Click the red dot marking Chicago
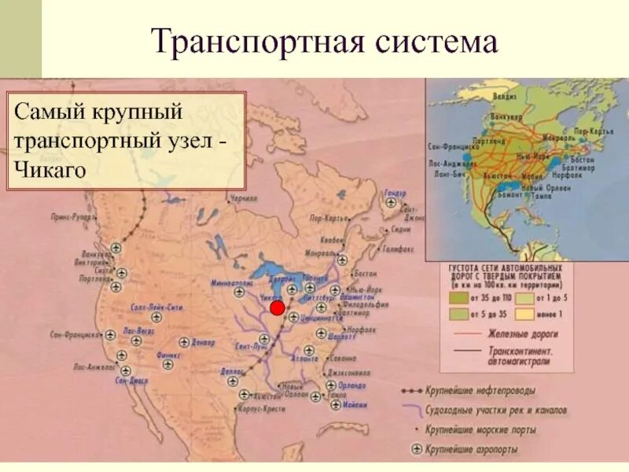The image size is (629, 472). pyautogui.click(x=277, y=307)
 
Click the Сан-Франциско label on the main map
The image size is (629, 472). pyautogui.click(x=76, y=334)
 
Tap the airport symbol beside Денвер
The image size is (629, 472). pyautogui.click(x=184, y=342)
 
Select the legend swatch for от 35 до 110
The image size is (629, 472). pyautogui.click(x=456, y=299)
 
